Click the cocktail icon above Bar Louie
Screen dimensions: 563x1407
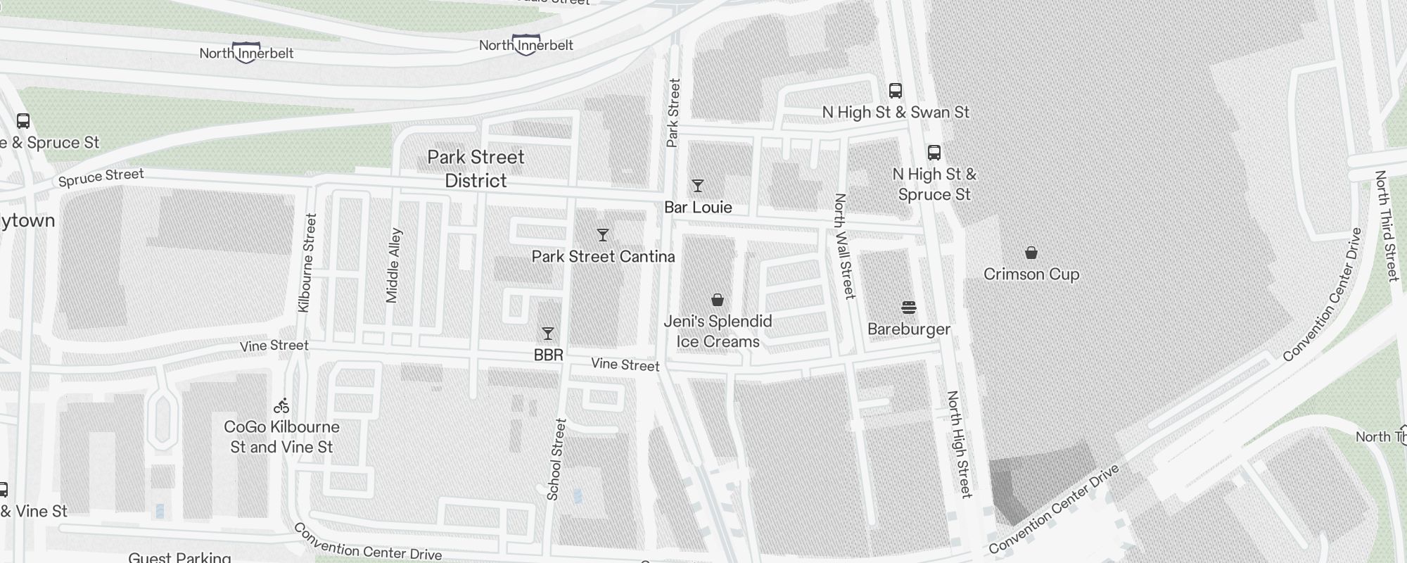pos(697,186)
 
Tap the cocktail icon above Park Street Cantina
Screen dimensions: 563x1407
pos(602,235)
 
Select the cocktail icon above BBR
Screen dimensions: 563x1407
pos(548,334)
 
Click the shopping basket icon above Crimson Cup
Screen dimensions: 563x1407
pos(1031,253)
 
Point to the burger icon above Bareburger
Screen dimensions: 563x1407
pos(909,308)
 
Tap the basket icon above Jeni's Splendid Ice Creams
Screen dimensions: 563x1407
pos(718,301)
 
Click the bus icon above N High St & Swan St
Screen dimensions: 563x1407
pos(896,91)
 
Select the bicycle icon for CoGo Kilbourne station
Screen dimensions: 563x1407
pos(281,406)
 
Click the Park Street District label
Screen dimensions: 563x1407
pos(476,169)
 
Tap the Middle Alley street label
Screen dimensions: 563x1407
pos(394,265)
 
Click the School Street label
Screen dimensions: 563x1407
pos(556,460)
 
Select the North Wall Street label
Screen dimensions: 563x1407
pos(844,246)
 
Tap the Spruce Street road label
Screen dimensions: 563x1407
pos(101,177)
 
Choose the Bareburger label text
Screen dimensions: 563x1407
pos(909,329)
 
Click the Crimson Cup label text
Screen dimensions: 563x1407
pos(1031,274)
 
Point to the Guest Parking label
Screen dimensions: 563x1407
pos(180,557)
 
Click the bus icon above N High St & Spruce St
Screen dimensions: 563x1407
pos(934,153)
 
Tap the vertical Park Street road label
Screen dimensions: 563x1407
pos(673,113)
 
